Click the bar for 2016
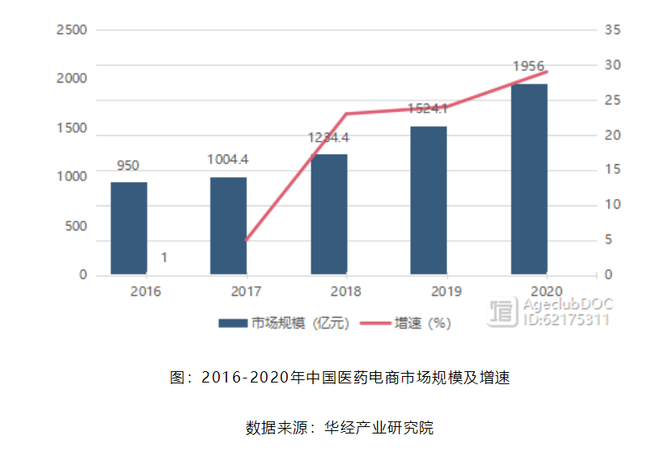[x=129, y=229]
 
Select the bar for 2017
[x=228, y=226]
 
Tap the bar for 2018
[x=328, y=215]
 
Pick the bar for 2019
[x=429, y=201]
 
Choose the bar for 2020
[x=529, y=180]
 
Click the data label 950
[x=128, y=166]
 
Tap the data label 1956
[x=528, y=66]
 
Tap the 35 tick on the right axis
[x=611, y=30]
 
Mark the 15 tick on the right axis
[x=611, y=170]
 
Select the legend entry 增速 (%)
[x=421, y=323]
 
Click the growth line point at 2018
[x=346, y=113]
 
